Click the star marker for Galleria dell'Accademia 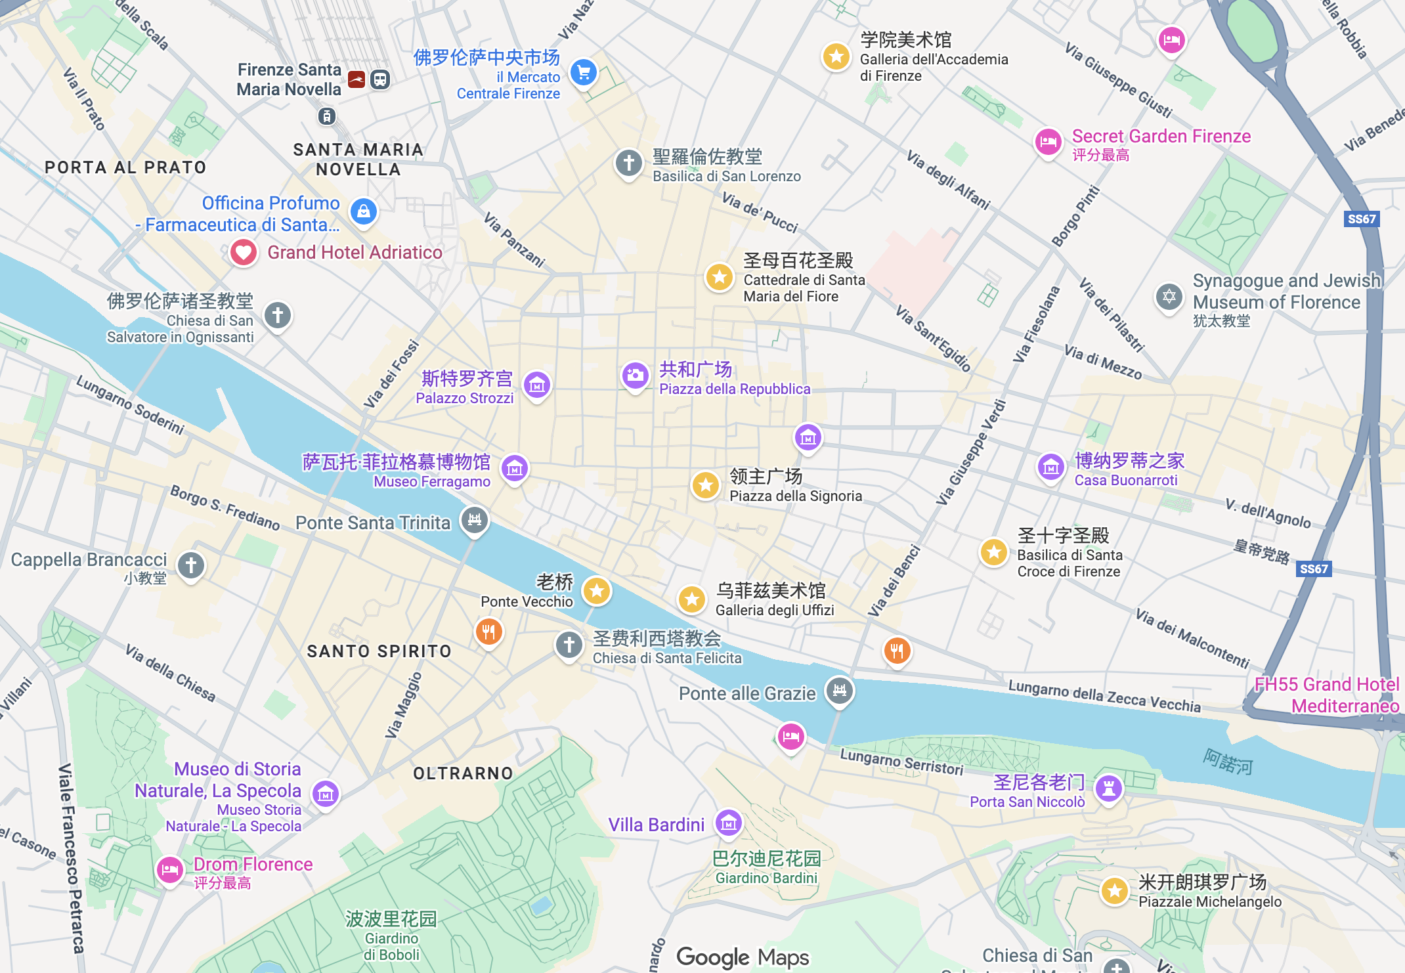[836, 56]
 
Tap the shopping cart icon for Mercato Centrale [583, 72]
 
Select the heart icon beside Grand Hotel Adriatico [243, 252]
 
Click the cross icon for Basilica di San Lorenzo [628, 162]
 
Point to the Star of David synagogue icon [1169, 297]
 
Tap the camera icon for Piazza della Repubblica [635, 376]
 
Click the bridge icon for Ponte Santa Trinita [475, 520]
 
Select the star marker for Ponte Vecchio [596, 591]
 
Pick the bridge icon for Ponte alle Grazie [839, 690]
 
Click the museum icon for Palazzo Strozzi [536, 385]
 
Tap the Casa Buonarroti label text [1125, 480]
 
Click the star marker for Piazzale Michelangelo [1113, 891]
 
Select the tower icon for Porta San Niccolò [1108, 789]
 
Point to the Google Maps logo [743, 957]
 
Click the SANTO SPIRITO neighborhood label [379, 651]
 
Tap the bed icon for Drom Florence [169, 871]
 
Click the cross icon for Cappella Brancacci [191, 565]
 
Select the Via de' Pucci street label [760, 212]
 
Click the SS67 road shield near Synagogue [1361, 219]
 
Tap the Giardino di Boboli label [391, 946]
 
